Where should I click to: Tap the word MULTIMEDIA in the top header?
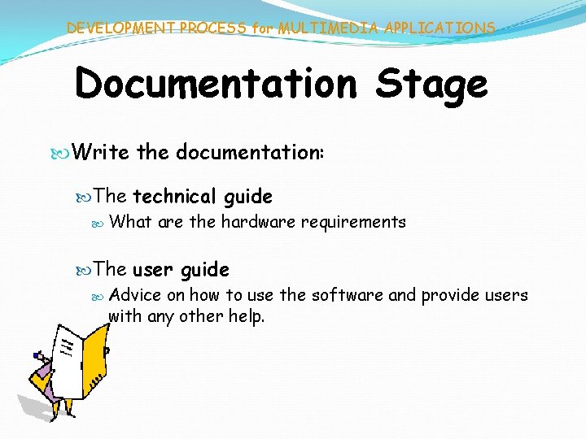pyautogui.click(x=328, y=28)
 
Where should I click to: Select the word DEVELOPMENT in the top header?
pyautogui.click(x=120, y=28)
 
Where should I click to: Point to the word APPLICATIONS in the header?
pyautogui.click(x=439, y=28)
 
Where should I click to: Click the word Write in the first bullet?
pyautogui.click(x=102, y=152)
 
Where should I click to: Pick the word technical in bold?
pyautogui.click(x=173, y=196)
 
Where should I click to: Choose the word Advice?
pyautogui.click(x=135, y=294)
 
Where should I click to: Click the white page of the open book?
pyautogui.click(x=69, y=358)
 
